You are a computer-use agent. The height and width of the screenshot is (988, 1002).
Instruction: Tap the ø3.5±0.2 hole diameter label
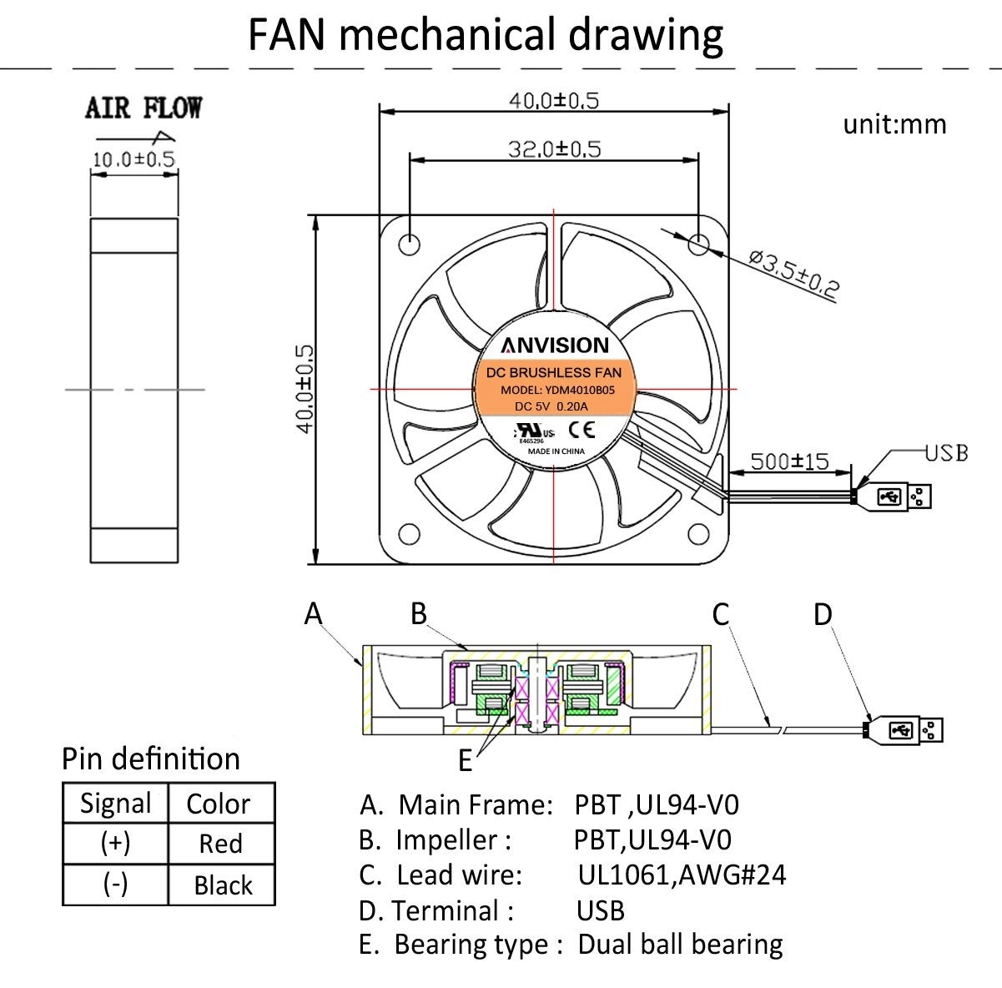pos(793,275)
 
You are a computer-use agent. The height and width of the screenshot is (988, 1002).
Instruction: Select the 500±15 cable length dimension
pos(789,461)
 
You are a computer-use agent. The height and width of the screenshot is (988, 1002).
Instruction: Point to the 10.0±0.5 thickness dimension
pos(133,159)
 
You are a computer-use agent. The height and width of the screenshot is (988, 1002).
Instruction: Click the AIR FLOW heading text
pos(143,108)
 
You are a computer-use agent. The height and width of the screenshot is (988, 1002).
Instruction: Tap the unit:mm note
pos(894,124)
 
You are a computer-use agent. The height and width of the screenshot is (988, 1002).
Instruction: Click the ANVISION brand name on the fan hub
pos(555,345)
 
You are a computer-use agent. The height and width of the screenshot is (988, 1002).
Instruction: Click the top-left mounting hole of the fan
pos(410,244)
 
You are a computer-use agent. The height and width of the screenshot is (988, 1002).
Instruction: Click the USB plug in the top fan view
pos(904,497)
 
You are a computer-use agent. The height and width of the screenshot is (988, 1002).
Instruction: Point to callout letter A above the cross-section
pos(313,614)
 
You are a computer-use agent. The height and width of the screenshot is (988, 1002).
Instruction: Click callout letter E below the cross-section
pos(466,760)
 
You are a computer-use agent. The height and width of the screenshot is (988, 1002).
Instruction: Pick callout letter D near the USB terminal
pos(823,615)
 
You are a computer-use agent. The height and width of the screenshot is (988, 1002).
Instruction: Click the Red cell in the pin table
pos(220,844)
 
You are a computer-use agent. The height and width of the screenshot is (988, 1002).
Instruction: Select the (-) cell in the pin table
pos(115,885)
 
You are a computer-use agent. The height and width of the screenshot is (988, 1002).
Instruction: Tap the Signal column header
pos(115,803)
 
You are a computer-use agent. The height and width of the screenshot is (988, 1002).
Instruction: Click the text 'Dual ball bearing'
pos(680,944)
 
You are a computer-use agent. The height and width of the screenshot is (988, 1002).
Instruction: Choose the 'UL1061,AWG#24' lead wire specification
pos(682,875)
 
